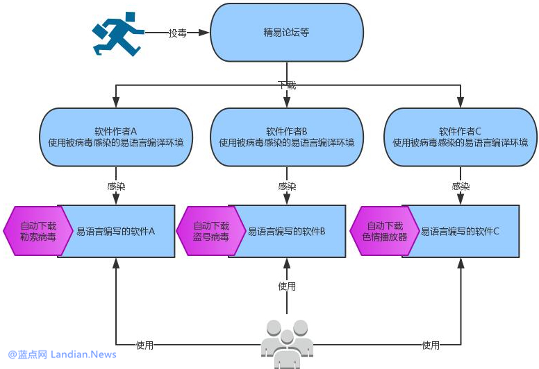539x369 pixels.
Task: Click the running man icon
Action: [x=117, y=32]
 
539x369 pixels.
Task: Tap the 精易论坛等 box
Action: [x=286, y=32]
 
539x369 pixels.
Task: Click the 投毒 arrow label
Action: [x=177, y=33]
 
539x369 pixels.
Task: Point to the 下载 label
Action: [x=287, y=85]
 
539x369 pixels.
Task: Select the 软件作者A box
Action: [x=115, y=137]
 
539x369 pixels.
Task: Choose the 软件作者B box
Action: [x=287, y=137]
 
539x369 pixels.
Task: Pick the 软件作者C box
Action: [x=460, y=137]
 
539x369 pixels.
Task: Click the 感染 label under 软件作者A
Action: [x=116, y=187]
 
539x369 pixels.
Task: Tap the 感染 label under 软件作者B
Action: [x=287, y=187]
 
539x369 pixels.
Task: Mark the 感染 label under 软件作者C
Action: [x=461, y=187]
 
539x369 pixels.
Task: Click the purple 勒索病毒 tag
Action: [x=38, y=231]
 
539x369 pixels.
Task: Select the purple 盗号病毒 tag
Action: [x=211, y=231]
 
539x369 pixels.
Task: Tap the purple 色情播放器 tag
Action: [x=384, y=231]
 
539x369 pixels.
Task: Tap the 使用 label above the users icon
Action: [x=287, y=286]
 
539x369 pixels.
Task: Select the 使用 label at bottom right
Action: [x=431, y=345]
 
